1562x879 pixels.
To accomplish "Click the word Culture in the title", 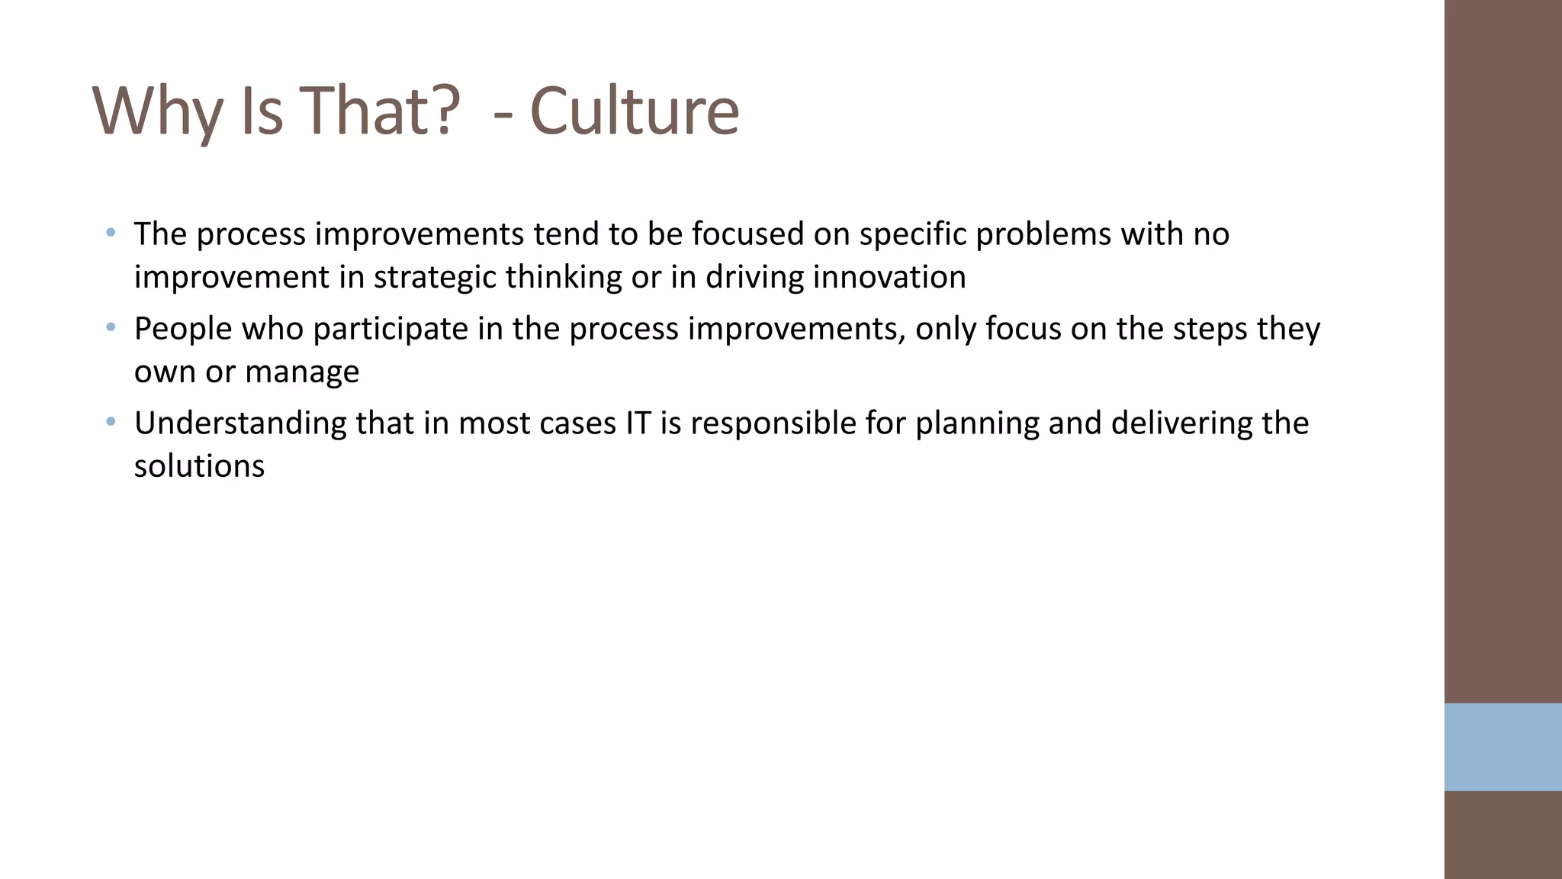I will [x=634, y=111].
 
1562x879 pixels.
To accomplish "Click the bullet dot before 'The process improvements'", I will [x=111, y=232].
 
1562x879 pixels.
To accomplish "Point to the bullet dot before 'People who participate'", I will [x=111, y=327].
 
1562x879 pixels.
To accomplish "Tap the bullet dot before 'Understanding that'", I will [x=111, y=421].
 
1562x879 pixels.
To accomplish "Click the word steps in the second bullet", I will [x=1210, y=329].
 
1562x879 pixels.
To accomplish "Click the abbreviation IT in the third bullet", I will [x=638, y=423].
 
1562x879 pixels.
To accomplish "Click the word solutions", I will [x=199, y=466].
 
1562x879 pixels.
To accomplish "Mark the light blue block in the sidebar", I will [x=1503, y=747].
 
